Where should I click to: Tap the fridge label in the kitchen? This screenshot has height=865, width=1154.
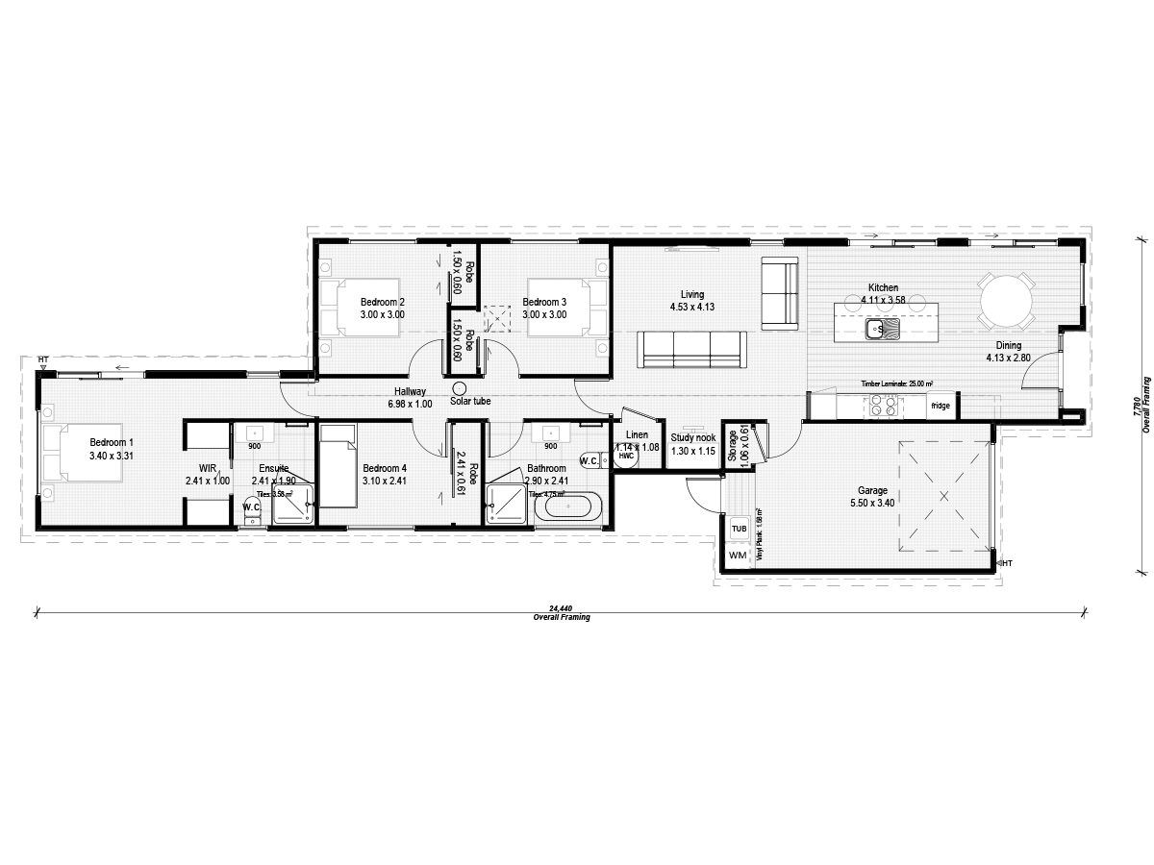pyautogui.click(x=940, y=407)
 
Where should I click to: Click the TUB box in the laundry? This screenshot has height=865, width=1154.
pyautogui.click(x=739, y=530)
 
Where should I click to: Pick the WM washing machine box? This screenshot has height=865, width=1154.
pyautogui.click(x=739, y=556)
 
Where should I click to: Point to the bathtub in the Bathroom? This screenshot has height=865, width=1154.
pyautogui.click(x=566, y=506)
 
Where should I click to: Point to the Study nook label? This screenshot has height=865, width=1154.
pyautogui.click(x=693, y=437)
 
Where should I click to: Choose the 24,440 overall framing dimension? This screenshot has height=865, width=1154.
pyautogui.click(x=562, y=608)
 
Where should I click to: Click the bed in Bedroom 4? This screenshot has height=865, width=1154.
pyautogui.click(x=337, y=465)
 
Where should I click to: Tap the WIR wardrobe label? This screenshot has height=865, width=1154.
pyautogui.click(x=208, y=468)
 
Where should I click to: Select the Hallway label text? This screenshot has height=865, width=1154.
pyautogui.click(x=410, y=391)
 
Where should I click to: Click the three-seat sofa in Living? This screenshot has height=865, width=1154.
pyautogui.click(x=691, y=348)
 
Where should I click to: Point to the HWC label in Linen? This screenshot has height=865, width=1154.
pyautogui.click(x=626, y=457)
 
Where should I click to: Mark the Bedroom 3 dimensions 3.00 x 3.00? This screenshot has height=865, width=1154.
pyautogui.click(x=544, y=314)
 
